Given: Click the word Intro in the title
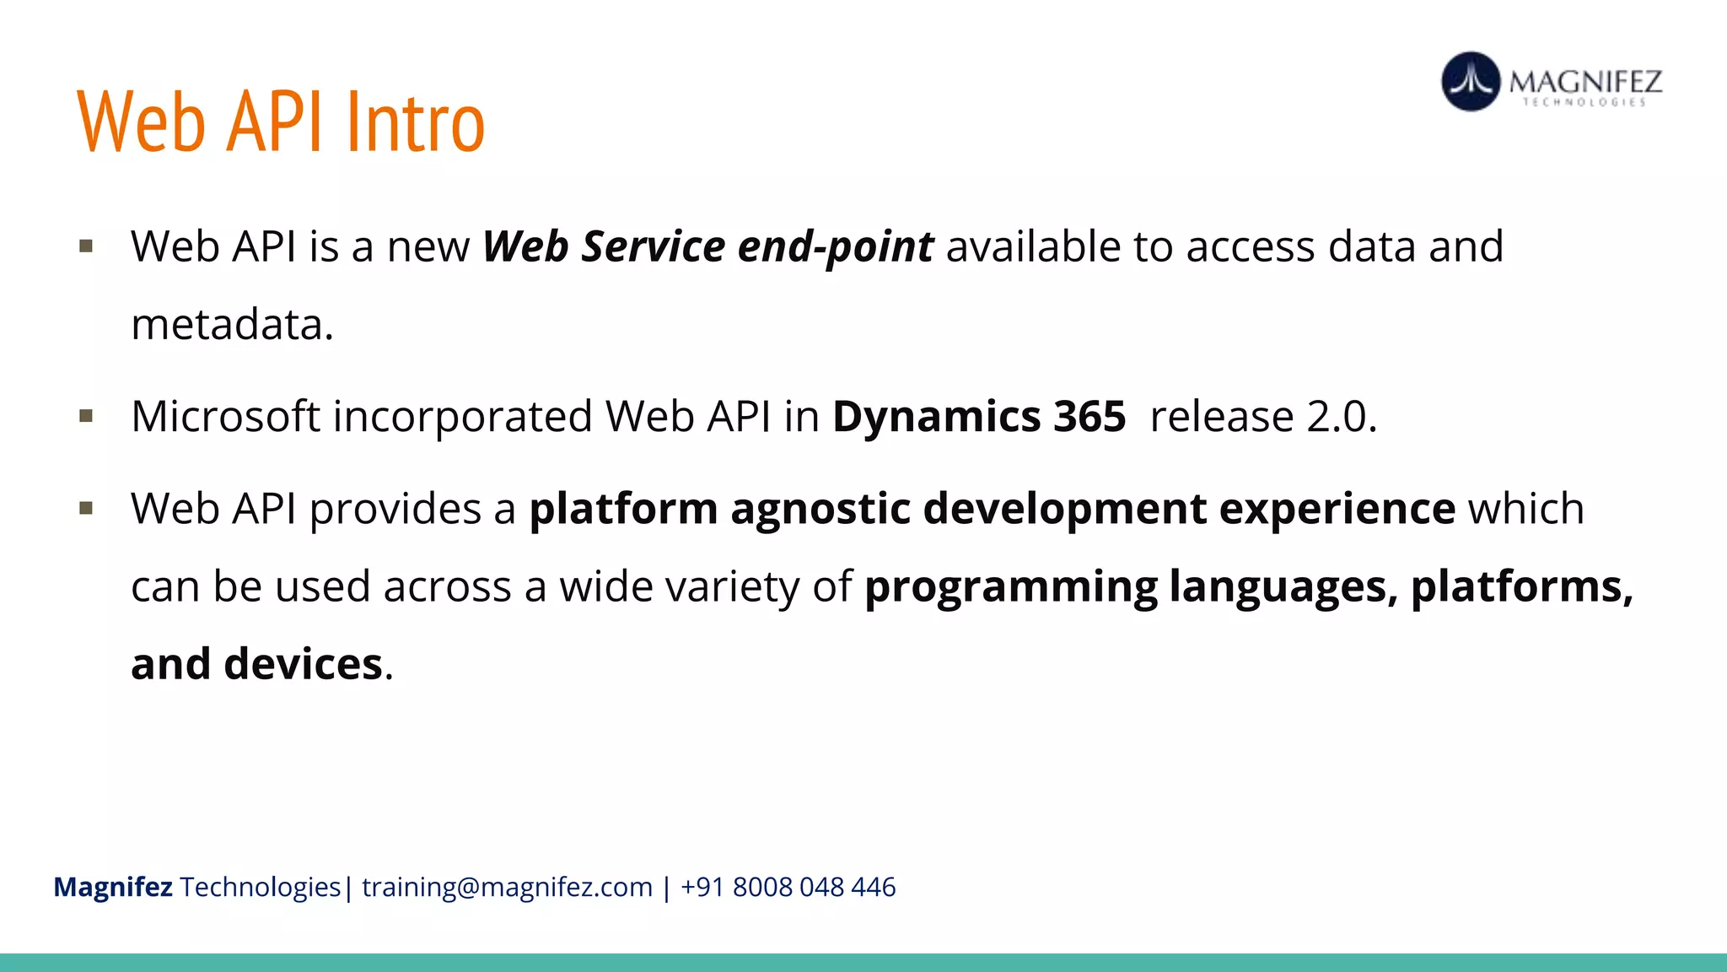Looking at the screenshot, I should tap(416, 123).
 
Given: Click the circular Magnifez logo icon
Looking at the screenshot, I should tap(1471, 82).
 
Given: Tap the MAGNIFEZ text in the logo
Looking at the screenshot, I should tap(1585, 81).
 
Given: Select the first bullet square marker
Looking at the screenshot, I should tap(86, 246).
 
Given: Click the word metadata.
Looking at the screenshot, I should tap(232, 325).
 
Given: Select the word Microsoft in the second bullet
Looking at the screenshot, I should tap(225, 417).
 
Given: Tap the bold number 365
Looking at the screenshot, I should tap(1089, 417).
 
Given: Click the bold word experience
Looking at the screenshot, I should tap(1337, 509).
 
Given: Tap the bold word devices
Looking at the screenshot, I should tap(303, 664).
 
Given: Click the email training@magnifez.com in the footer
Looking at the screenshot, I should tap(507, 888).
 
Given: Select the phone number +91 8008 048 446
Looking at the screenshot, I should tap(788, 888).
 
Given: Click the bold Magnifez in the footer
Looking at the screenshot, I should tap(113, 888).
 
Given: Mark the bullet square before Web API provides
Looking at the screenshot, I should tap(86, 508).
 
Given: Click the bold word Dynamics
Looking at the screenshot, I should tap(936, 417).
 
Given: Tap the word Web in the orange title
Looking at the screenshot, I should tap(141, 123).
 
